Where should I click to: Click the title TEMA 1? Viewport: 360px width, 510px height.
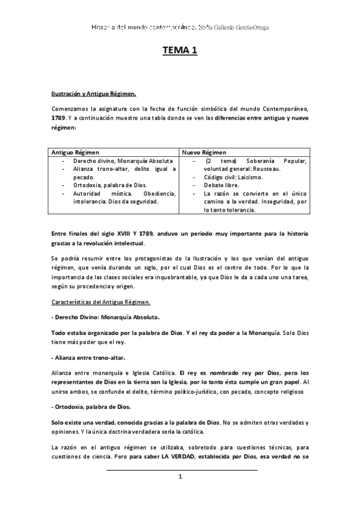coord(180,52)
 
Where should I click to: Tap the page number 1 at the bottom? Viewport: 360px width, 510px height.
coord(180,476)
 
